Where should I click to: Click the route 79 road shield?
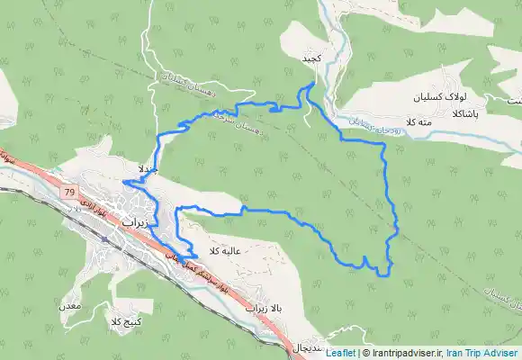[x=69, y=193]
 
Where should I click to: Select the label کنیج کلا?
[x=125, y=322]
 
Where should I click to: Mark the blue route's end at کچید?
[x=311, y=84]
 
